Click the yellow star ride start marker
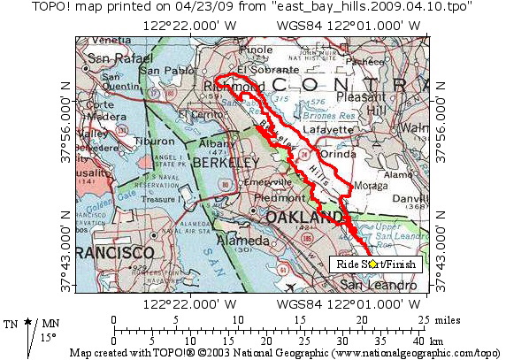point(373,264)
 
